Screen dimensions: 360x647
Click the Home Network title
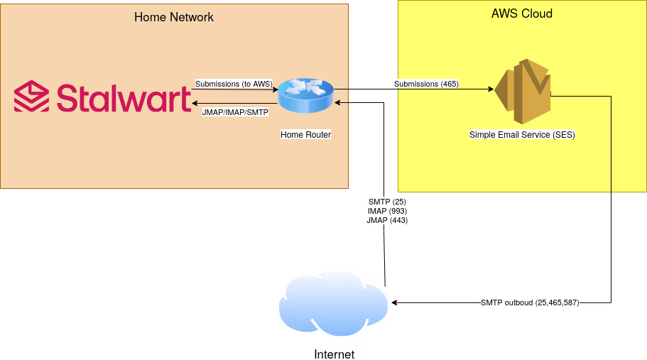pos(174,17)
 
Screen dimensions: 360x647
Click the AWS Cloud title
pos(522,14)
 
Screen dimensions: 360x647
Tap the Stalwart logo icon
pos(31,97)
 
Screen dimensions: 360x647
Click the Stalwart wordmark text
pos(123,98)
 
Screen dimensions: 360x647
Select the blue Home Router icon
pos(305,96)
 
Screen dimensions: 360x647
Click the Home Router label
pos(305,134)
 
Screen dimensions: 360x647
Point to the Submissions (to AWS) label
pos(234,84)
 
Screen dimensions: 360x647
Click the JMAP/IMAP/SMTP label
pos(235,112)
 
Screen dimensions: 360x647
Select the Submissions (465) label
pos(426,84)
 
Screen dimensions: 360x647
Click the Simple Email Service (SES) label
pos(522,134)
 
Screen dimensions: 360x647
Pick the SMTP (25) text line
pos(387,202)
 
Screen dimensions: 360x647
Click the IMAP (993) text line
pos(387,211)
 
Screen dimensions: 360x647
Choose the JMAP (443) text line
pos(387,220)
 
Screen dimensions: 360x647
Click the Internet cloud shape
pos(332,302)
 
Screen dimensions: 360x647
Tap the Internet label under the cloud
pos(334,354)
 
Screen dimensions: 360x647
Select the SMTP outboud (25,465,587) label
pos(530,302)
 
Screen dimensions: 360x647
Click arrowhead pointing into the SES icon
pos(490,89)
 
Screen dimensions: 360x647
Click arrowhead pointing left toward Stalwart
pos(195,103)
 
